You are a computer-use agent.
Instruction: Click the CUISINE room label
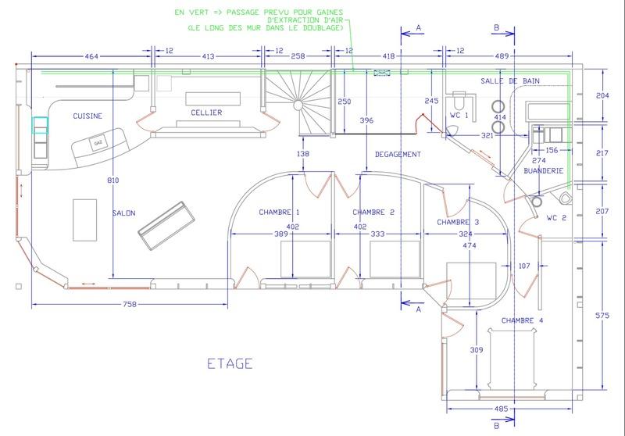coord(87,116)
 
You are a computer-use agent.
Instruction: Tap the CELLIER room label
coord(206,113)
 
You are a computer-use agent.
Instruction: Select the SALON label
coord(124,213)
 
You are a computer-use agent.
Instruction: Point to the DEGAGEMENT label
coord(398,154)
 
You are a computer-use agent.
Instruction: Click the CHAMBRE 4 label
coord(522,320)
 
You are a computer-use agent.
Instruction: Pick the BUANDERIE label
coord(543,170)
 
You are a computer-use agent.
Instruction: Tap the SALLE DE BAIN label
coord(510,81)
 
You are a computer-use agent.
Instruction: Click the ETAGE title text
coord(230,363)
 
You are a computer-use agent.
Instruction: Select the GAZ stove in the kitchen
coord(98,143)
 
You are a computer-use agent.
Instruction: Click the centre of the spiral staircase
coord(298,105)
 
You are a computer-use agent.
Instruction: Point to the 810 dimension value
coord(112,180)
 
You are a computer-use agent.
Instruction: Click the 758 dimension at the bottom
coord(130,305)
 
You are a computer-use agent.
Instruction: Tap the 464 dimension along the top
coord(91,56)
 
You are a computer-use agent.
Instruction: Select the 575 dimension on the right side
coord(602,315)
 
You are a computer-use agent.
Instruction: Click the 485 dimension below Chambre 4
coord(501,409)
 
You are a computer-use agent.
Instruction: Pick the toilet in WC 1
coord(459,100)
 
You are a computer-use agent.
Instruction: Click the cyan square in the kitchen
coord(40,125)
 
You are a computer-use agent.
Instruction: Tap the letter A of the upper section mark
coord(419,27)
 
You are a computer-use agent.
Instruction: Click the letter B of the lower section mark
coord(497,426)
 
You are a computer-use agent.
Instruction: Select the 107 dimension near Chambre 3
coord(524,266)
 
